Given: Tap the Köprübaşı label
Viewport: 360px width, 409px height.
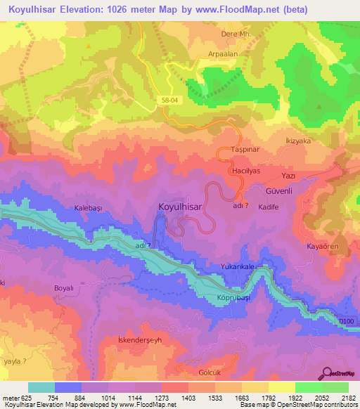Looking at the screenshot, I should [230, 297].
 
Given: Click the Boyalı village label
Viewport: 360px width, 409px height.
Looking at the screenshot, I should [63, 288].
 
